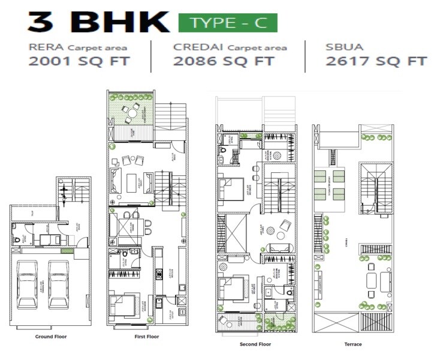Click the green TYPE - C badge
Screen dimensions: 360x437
[x=228, y=23]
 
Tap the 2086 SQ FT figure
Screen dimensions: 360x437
[x=223, y=61]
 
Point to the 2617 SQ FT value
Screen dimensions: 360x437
[x=376, y=61]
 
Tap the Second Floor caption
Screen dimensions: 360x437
[x=255, y=344]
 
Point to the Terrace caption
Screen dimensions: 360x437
[x=353, y=344]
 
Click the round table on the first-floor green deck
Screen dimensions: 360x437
[x=130, y=111]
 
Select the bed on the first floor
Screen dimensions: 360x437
[x=125, y=304]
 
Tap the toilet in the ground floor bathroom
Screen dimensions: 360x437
[x=16, y=238]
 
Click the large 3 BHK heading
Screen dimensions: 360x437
[x=98, y=22]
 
